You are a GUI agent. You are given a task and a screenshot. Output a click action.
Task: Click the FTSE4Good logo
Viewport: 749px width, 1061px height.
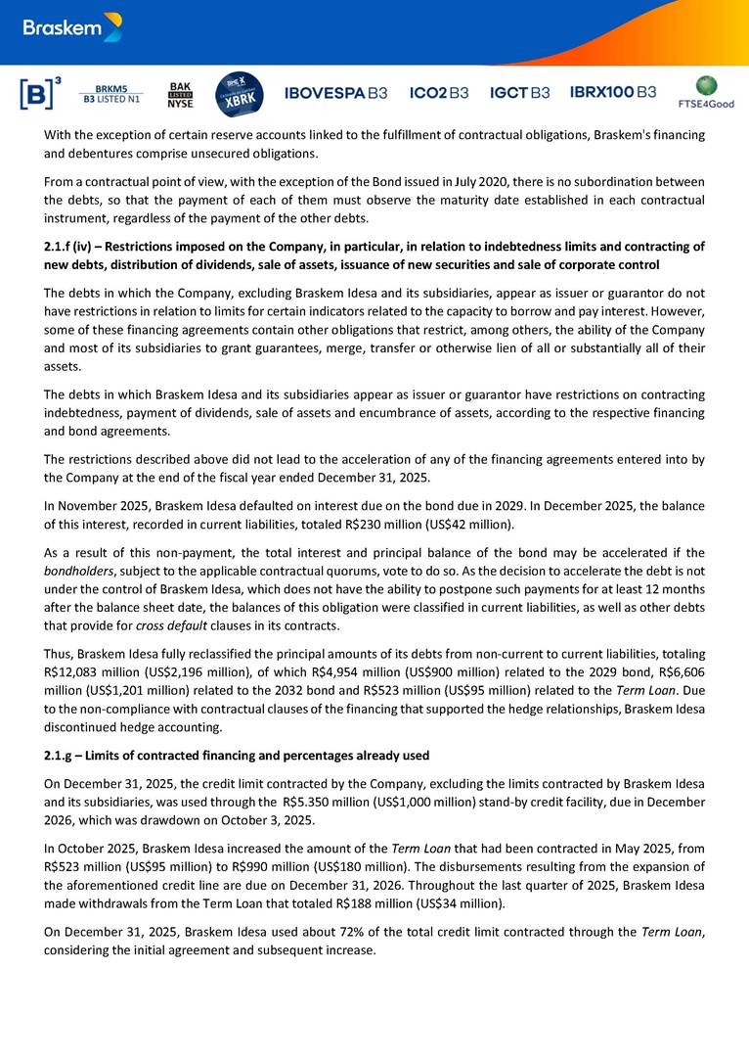click(x=705, y=92)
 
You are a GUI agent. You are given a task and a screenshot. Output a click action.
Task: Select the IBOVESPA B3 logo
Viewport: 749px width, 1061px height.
click(x=335, y=93)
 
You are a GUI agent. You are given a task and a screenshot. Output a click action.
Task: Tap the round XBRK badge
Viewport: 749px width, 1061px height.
click(x=239, y=93)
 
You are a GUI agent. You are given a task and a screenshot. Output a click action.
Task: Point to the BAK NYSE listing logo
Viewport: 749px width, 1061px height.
click(x=180, y=94)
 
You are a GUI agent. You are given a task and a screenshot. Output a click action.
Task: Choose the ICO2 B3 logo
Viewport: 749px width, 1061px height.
click(x=439, y=93)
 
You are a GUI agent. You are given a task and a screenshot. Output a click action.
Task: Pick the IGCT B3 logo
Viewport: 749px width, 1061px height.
click(x=519, y=93)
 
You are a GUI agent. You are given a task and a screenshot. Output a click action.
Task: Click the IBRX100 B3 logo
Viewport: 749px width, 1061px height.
click(x=613, y=93)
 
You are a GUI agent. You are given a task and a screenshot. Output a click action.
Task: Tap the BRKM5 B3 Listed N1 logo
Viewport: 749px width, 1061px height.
click(x=111, y=94)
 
